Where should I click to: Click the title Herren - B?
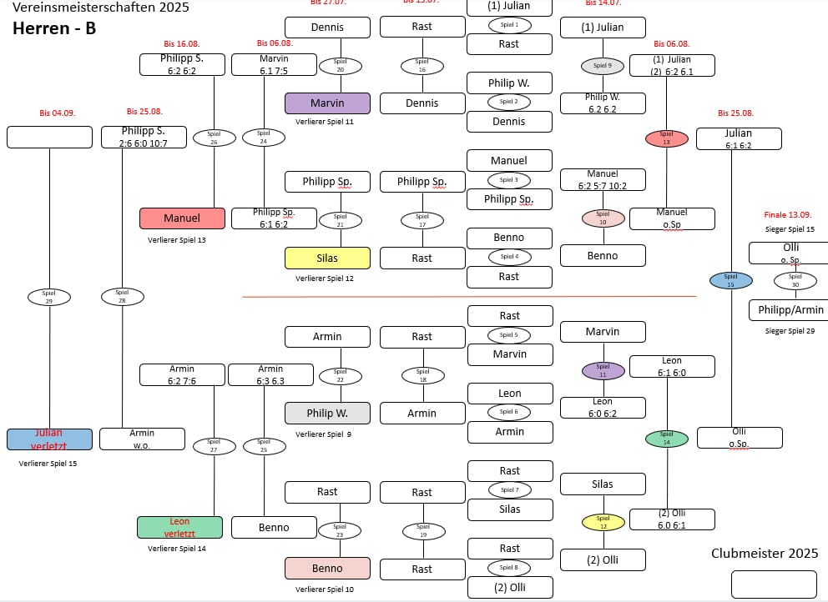pos(54,28)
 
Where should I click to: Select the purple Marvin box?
pos(327,103)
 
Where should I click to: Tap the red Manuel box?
pos(182,218)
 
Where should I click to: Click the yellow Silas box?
pos(327,258)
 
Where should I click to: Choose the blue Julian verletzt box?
pos(49,439)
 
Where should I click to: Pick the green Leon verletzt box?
pos(179,527)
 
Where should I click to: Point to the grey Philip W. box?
pos(327,413)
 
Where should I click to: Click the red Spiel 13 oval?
pos(666,138)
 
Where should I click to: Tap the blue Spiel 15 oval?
pos(730,280)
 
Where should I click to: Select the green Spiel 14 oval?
pos(666,438)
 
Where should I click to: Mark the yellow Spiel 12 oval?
pos(603,522)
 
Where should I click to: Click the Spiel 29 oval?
pos(49,297)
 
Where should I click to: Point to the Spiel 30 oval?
pos(795,280)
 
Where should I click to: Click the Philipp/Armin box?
pos(790,310)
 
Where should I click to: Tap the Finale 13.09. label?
pos(788,214)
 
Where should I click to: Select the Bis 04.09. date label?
pos(58,113)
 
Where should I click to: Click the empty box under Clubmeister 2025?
pos(774,584)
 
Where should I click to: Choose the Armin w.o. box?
pos(142,439)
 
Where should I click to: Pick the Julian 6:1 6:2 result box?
pos(739,138)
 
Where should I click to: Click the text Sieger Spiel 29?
pos(790,332)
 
